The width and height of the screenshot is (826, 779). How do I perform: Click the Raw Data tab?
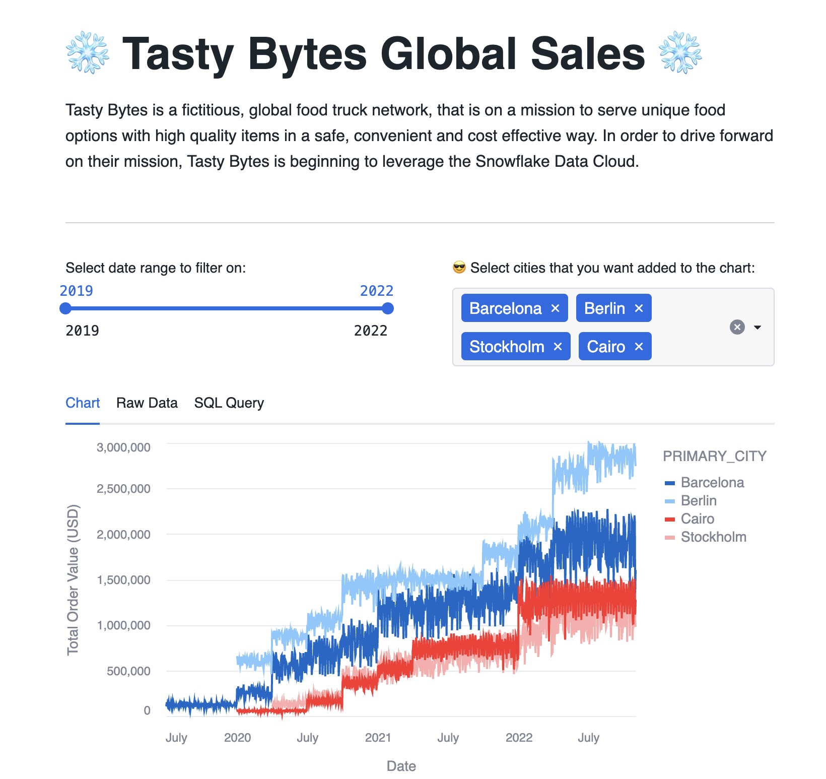pos(147,403)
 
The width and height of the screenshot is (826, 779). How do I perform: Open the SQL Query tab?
pos(229,403)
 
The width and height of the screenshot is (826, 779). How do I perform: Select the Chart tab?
pos(83,403)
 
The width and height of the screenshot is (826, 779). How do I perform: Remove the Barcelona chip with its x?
pos(555,308)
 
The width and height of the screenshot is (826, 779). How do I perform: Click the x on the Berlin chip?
pos(639,308)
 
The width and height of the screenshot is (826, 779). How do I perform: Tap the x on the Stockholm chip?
pos(558,347)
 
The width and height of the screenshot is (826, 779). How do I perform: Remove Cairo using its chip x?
pos(639,347)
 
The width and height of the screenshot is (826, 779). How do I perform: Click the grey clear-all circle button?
pos(737,327)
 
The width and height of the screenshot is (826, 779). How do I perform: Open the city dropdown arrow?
pos(757,328)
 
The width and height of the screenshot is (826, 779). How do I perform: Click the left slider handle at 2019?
pos(65,308)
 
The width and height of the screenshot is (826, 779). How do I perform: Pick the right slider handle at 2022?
pos(387,308)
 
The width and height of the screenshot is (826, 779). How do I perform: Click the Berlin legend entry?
pos(698,501)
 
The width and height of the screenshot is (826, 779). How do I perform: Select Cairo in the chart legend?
pos(697,519)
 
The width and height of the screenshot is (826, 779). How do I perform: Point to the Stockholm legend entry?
pos(713,537)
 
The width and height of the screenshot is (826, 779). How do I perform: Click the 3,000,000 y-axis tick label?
pos(123,447)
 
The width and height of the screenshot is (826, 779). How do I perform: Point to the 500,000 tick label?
pos(128,671)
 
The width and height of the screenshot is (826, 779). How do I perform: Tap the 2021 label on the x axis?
pos(378,738)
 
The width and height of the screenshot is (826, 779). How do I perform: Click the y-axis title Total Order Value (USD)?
pos(73,579)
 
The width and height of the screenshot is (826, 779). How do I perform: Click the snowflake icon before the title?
pos(88,53)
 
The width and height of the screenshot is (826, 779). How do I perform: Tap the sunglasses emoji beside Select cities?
pos(459,268)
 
